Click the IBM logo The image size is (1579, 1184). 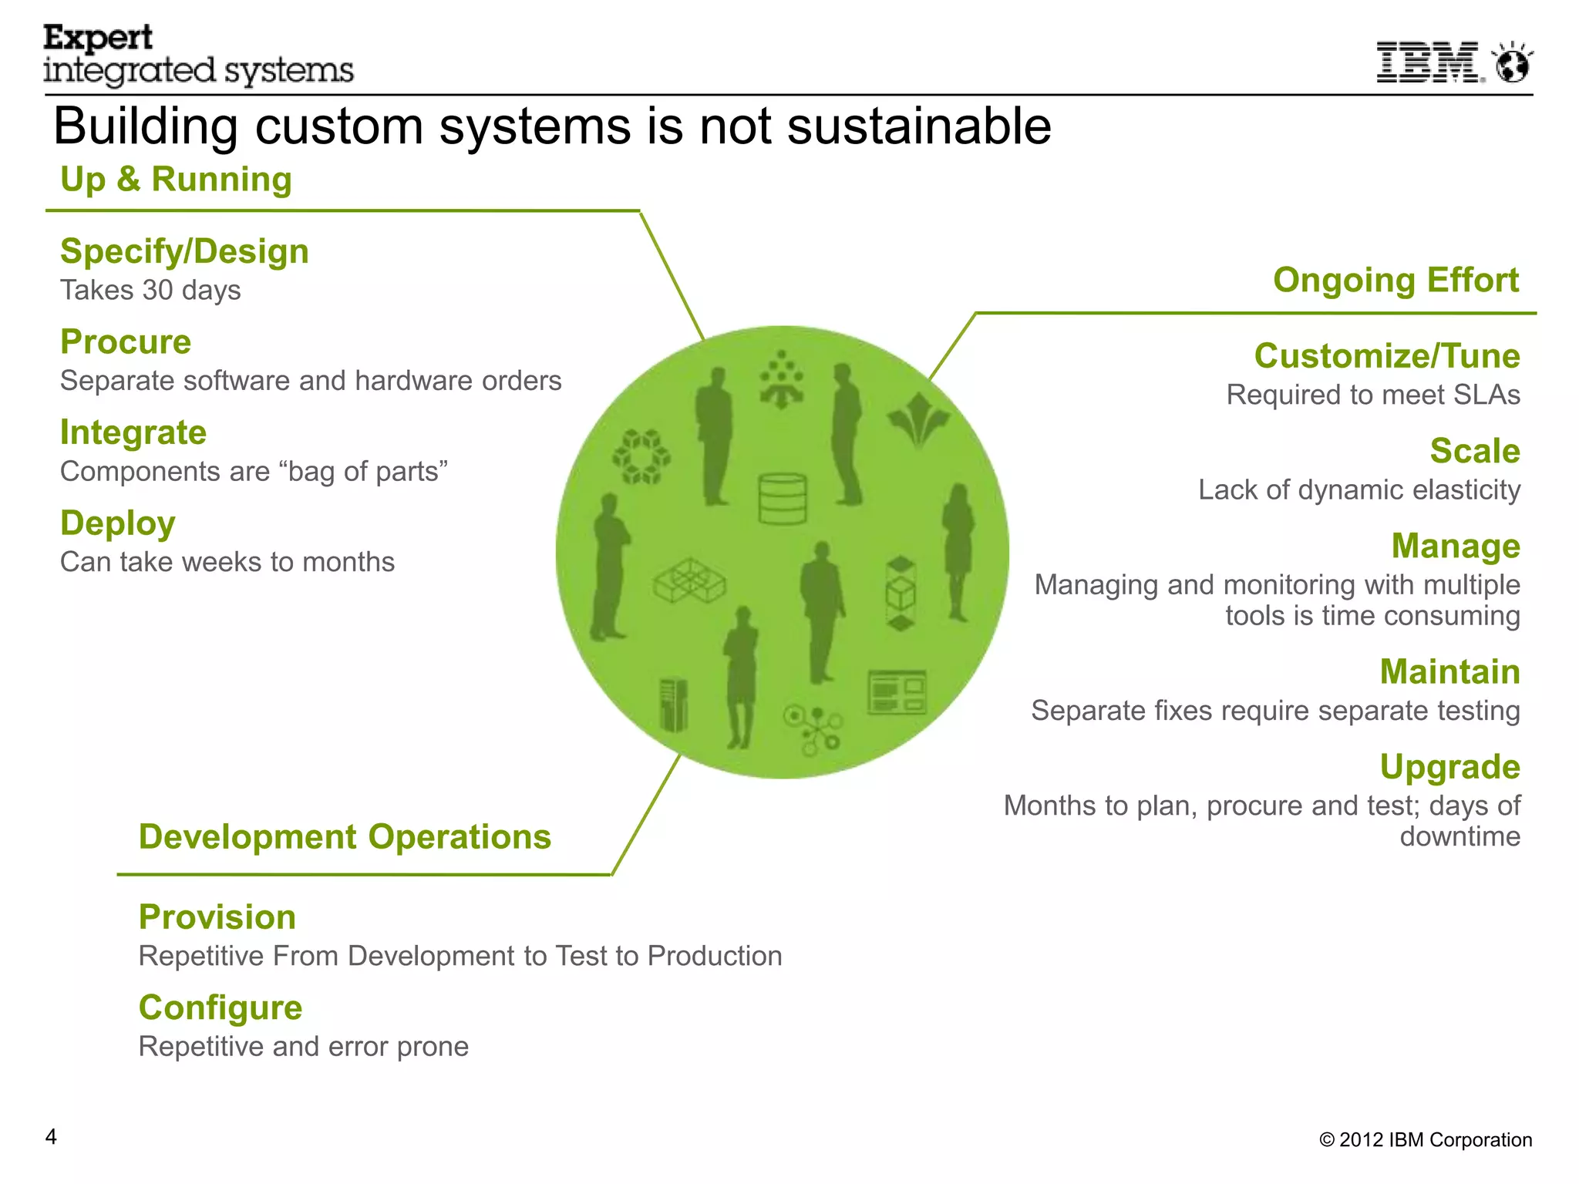[x=1429, y=62]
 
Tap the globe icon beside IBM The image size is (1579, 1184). [x=1513, y=63]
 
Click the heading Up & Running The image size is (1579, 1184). [x=176, y=180]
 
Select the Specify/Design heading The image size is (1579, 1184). [x=184, y=252]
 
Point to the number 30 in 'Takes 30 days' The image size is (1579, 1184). [x=157, y=291]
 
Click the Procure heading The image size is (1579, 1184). [x=126, y=342]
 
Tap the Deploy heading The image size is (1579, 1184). [x=118, y=523]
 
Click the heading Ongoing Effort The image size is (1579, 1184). [x=1396, y=280]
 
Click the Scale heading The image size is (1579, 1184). [x=1474, y=451]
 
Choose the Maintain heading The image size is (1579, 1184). [x=1449, y=672]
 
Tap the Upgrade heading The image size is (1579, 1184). [x=1449, y=767]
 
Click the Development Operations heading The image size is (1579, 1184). [x=345, y=837]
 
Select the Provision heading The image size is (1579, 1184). [x=217, y=917]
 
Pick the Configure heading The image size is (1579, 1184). [x=221, y=1008]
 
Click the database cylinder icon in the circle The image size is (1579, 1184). [x=782, y=499]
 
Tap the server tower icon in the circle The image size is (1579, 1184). [x=674, y=705]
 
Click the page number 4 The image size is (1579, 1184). [x=51, y=1137]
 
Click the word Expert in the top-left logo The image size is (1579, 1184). [x=98, y=38]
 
